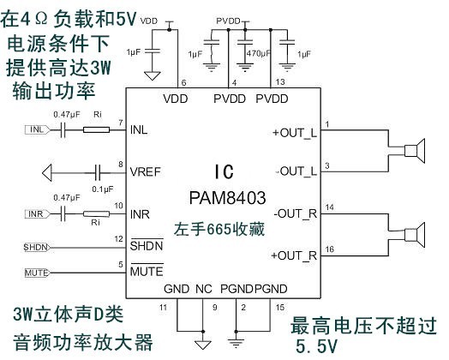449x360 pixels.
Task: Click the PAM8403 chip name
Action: pyautogui.click(x=224, y=198)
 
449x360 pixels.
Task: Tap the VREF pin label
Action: pyautogui.click(x=146, y=171)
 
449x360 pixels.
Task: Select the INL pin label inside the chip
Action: pyautogui.click(x=141, y=132)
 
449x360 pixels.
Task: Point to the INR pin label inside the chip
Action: pyautogui.click(x=141, y=213)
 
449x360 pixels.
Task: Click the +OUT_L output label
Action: pyautogui.click(x=294, y=133)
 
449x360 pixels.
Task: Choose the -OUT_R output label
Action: pyautogui.click(x=295, y=213)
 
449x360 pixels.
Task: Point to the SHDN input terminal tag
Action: pyautogui.click(x=36, y=248)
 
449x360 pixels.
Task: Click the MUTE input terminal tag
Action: pyautogui.click(x=36, y=273)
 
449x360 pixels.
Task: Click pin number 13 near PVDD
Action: pyautogui.click(x=280, y=81)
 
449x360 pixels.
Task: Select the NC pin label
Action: pyautogui.click(x=202, y=290)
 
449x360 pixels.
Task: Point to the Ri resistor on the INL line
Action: pyautogui.click(x=97, y=130)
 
